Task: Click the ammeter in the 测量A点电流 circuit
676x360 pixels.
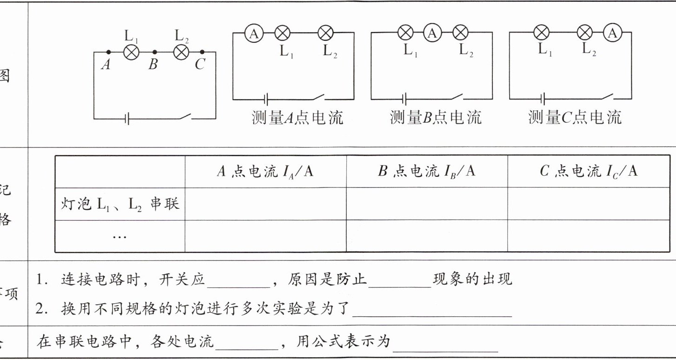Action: (x=254, y=33)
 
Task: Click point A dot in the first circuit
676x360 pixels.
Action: (x=108, y=52)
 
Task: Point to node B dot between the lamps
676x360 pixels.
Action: (x=154, y=52)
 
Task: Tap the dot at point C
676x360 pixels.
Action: (x=202, y=52)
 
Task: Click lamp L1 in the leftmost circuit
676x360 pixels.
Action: (x=131, y=52)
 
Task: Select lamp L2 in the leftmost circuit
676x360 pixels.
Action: (x=181, y=52)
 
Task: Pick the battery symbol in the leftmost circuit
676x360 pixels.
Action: (x=127, y=119)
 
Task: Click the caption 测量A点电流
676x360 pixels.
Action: (x=297, y=117)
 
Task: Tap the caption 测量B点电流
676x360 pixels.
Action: (x=435, y=117)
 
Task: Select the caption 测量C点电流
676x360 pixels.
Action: (x=574, y=117)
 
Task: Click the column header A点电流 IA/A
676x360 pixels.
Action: (x=265, y=172)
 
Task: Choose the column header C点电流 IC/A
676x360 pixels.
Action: (x=588, y=172)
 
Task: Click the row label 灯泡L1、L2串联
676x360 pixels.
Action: (x=120, y=204)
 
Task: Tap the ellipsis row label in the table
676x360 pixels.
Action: (x=120, y=236)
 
